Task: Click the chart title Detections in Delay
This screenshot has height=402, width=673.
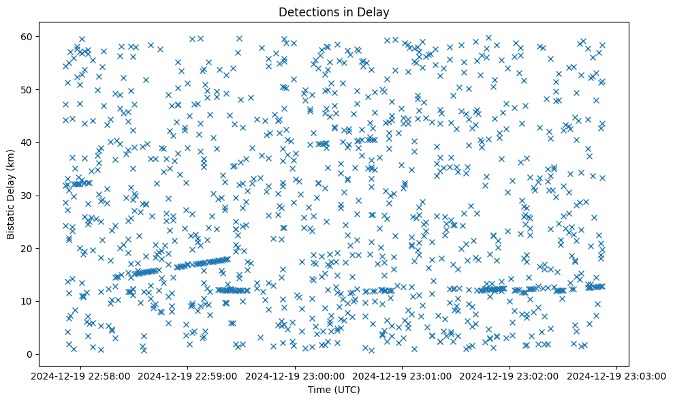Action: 334,12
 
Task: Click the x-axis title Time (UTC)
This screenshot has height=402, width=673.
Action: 334,390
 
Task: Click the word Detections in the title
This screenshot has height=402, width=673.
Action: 306,12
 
